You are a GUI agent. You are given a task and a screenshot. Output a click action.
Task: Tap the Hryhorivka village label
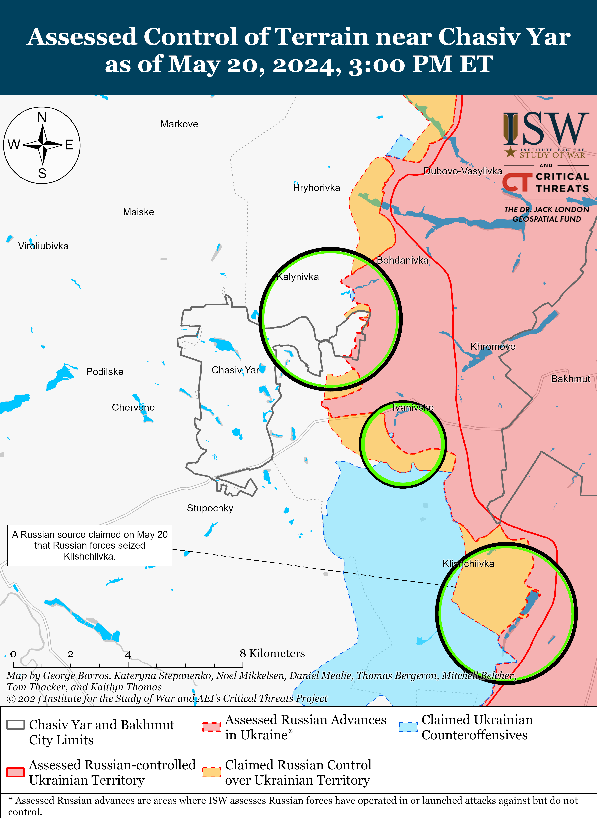point(317,188)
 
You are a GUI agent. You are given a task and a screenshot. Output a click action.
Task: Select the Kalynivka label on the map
point(298,277)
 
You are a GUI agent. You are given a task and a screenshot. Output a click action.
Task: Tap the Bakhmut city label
point(570,379)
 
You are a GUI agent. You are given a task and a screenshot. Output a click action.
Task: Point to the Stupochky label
point(210,508)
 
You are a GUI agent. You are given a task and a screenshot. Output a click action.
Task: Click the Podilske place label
point(105,372)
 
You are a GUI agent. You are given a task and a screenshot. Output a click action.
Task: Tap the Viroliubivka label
point(43,246)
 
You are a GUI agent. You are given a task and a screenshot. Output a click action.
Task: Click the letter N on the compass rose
point(42,117)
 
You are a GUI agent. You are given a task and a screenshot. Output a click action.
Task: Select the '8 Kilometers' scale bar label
point(272,653)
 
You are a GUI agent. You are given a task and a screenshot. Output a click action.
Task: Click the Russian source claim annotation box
point(90,545)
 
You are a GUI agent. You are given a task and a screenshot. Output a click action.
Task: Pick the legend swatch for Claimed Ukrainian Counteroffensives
point(408,727)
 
